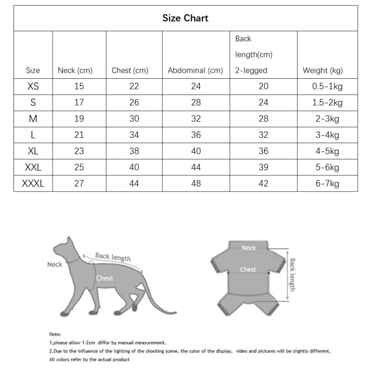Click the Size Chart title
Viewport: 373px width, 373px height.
186,18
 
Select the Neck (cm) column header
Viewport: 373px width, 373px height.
75,70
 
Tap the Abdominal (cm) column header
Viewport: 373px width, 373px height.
195,70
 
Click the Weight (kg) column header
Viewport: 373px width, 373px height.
323,70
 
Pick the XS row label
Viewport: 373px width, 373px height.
33,86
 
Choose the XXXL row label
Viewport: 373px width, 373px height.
33,183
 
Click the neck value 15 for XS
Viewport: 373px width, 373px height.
79,86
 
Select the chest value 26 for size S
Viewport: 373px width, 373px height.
134,103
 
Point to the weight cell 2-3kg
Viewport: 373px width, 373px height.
327,119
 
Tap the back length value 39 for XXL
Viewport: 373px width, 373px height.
263,167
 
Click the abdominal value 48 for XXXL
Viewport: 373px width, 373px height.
196,183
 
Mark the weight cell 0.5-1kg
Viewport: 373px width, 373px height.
327,86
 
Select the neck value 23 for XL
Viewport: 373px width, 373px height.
79,151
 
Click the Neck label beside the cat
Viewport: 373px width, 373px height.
55,264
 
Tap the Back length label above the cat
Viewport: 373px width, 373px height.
113,256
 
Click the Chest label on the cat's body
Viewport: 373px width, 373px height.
104,278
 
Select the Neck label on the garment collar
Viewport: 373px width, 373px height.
249,248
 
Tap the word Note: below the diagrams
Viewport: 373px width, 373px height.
55,334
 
